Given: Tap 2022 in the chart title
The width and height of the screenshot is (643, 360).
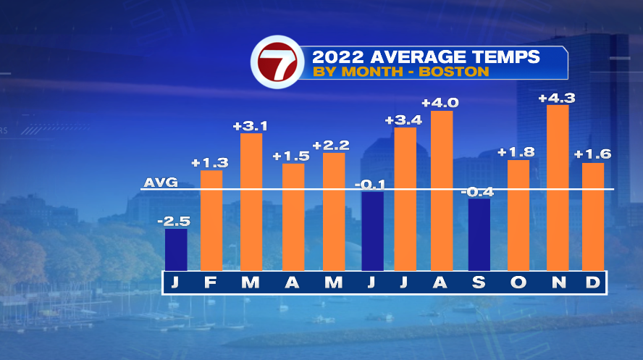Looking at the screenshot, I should pos(335,56).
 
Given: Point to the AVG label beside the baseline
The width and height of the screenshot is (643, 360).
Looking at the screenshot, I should pos(161,183).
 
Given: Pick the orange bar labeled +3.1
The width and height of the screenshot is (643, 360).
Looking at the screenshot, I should pos(251,201).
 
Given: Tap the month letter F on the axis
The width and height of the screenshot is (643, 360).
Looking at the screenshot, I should pos(211,282).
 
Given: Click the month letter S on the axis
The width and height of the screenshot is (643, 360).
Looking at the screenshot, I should pos(479,282).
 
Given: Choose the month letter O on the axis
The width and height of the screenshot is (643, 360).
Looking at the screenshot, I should pos(518,282).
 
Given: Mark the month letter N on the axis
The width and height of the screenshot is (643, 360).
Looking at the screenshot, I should pos(558,282).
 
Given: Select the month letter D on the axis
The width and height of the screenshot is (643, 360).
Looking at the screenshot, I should pos(592,282).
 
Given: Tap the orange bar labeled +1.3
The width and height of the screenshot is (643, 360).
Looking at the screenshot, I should pos(211,219).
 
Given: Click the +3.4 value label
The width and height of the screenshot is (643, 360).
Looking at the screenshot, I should pos(403,120).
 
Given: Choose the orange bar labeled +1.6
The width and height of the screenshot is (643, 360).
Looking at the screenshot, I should pos(592,216).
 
